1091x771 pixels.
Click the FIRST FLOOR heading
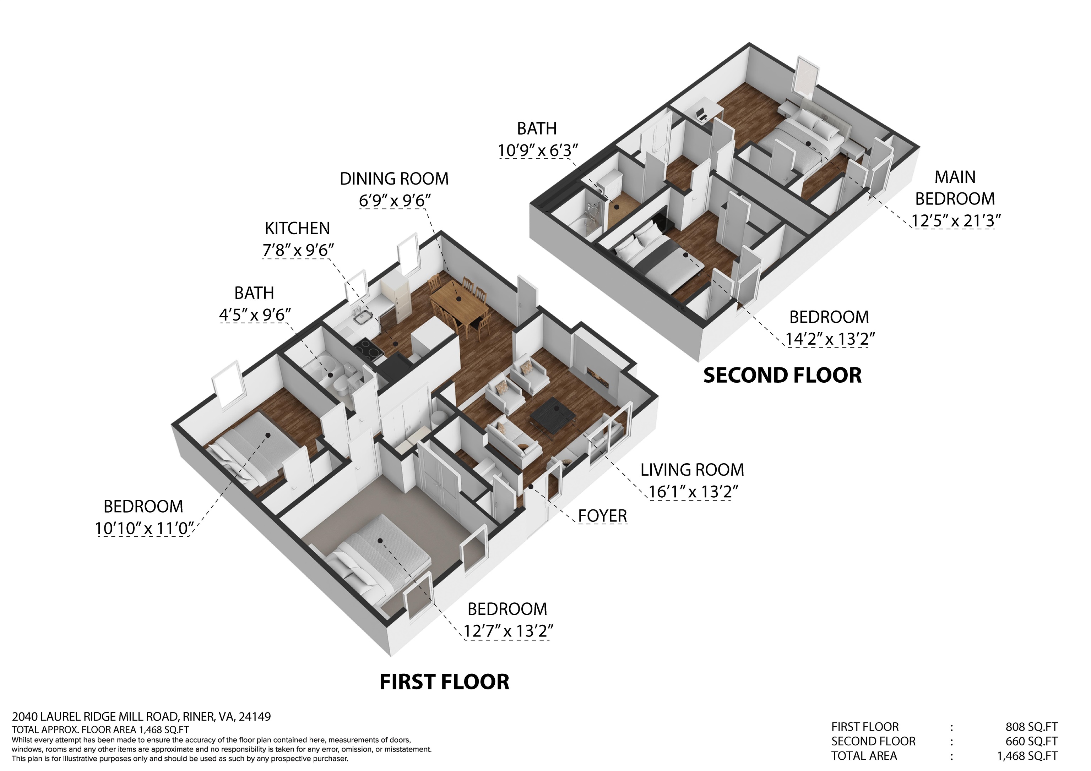click(x=444, y=682)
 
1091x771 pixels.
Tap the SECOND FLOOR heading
click(x=782, y=375)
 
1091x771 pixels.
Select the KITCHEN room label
click(x=297, y=229)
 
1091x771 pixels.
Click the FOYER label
click(x=603, y=516)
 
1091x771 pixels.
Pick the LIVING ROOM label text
click(x=692, y=470)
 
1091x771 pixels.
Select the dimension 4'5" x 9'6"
click(x=255, y=315)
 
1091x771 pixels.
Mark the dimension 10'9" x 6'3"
click(x=537, y=151)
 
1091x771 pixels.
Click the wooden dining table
click(x=458, y=301)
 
